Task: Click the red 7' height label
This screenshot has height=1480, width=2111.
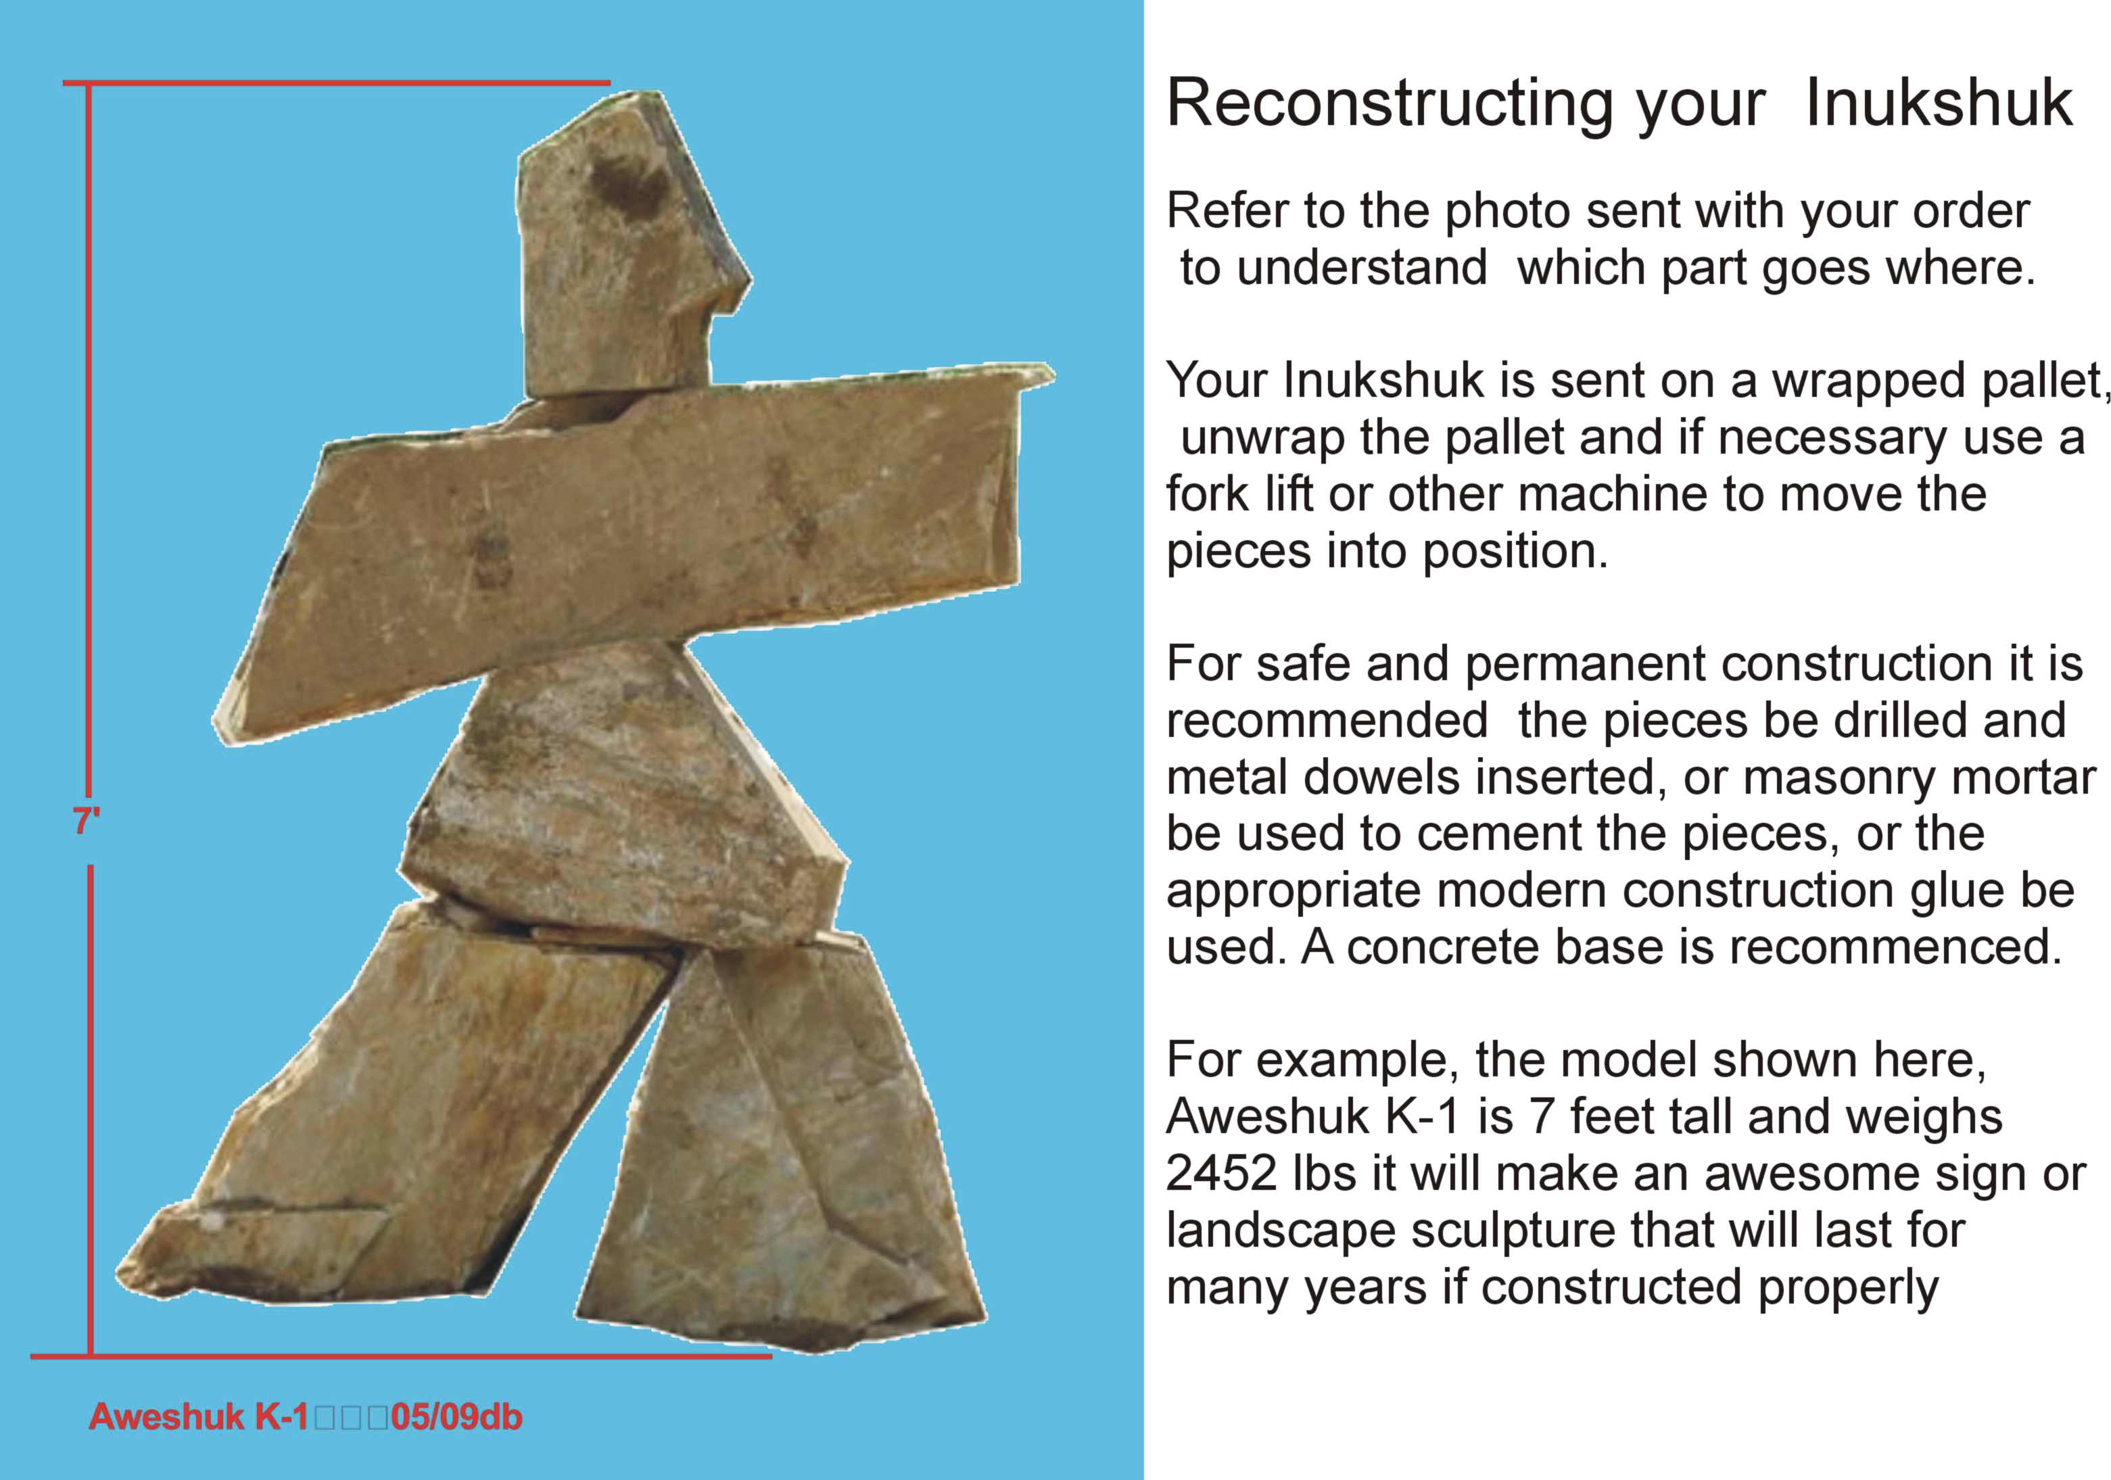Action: [x=87, y=820]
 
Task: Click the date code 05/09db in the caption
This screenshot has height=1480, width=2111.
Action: [x=457, y=1416]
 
